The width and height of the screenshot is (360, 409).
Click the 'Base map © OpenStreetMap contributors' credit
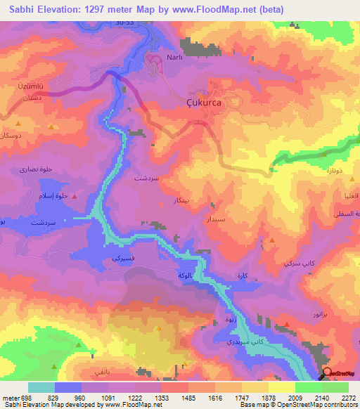pos(299,405)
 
